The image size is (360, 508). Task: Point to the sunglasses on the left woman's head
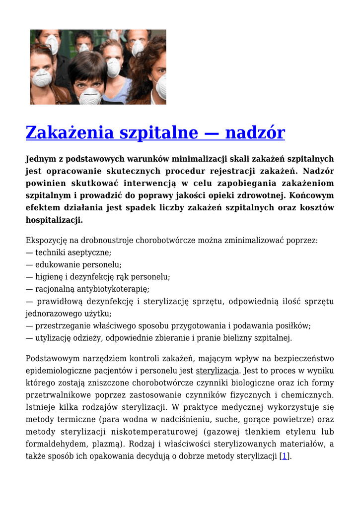click(x=42, y=48)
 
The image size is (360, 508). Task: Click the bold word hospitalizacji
click(x=54, y=220)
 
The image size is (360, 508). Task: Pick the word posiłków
click(x=294, y=326)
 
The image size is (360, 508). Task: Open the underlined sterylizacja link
click(x=217, y=371)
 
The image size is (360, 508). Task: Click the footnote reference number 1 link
click(x=285, y=456)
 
